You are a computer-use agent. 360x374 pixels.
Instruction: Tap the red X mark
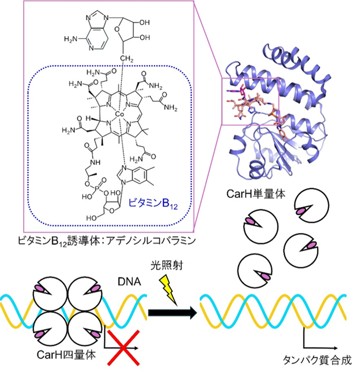[124, 349]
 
